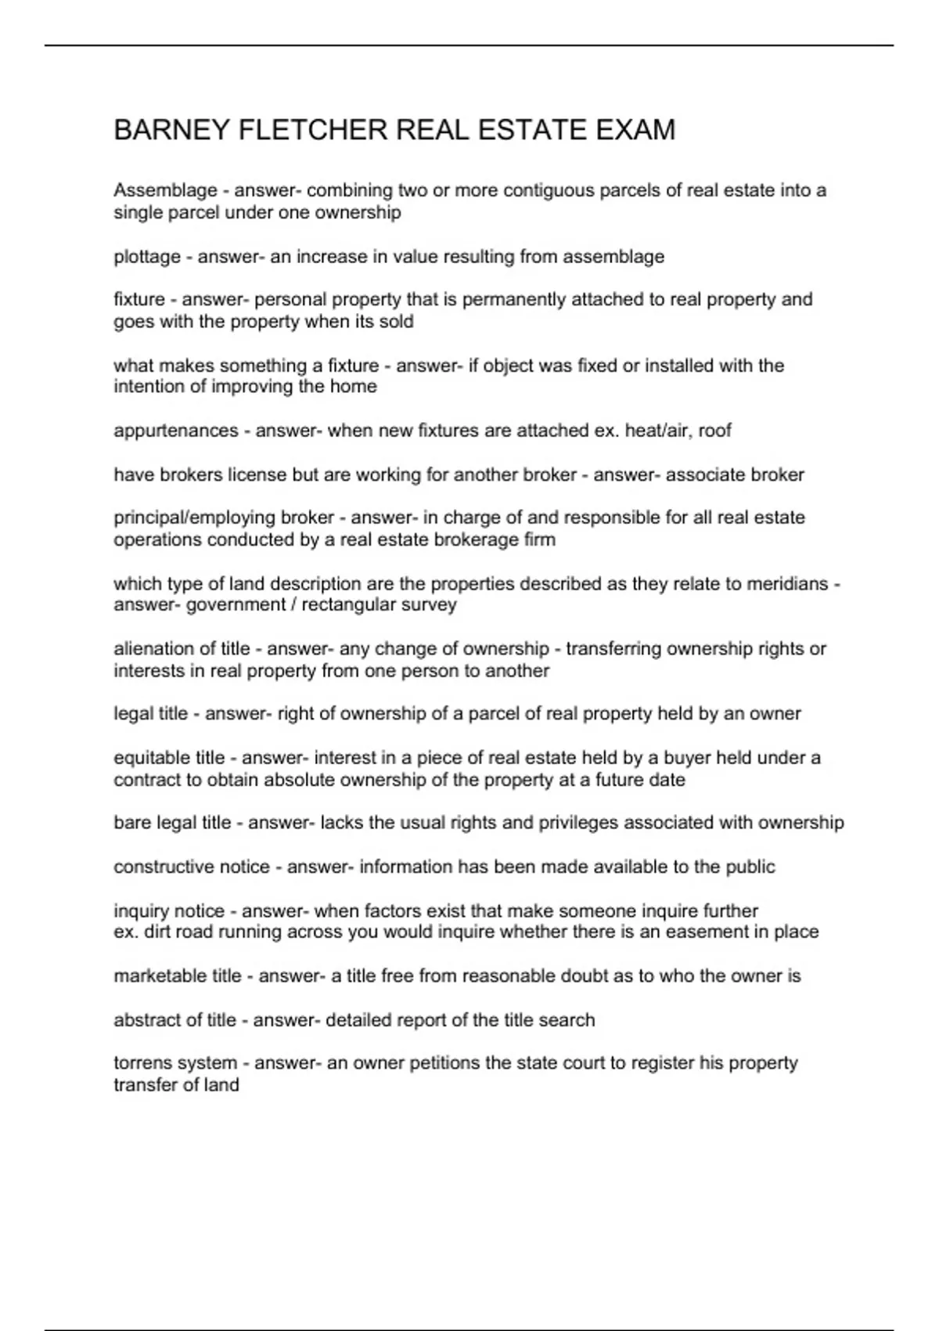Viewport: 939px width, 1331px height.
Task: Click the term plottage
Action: point(147,257)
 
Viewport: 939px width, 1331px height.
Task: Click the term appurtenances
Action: point(176,431)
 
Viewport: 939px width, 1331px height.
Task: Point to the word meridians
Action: point(785,584)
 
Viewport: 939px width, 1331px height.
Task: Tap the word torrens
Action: point(142,1063)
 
